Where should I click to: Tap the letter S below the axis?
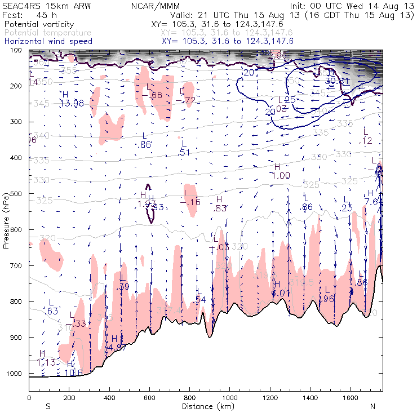click(48, 406)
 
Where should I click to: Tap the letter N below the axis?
click(372, 406)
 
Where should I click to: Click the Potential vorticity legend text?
click(38, 25)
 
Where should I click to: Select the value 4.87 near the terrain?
click(117, 348)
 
